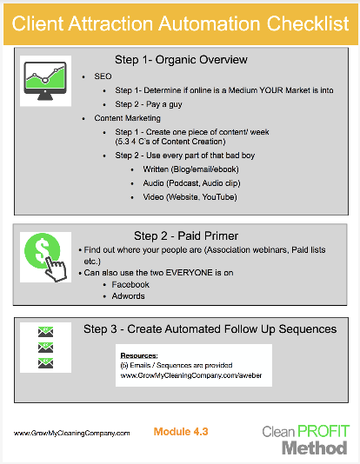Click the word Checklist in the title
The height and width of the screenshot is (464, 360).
(x=308, y=23)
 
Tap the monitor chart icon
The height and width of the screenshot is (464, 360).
(x=45, y=81)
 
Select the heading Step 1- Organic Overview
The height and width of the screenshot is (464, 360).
(x=181, y=60)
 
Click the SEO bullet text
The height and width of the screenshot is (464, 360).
(x=103, y=76)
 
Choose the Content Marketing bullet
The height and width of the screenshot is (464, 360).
(x=127, y=118)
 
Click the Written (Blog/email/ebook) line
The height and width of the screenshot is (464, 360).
(x=190, y=169)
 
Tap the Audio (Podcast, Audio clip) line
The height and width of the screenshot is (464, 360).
(x=191, y=183)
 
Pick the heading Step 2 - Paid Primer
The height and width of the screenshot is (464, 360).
(x=186, y=235)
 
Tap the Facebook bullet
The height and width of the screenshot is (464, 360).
(x=130, y=284)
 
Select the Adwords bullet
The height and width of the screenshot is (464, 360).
(x=128, y=296)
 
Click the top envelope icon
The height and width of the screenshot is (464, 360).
(x=45, y=332)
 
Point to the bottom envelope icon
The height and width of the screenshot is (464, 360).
(x=45, y=363)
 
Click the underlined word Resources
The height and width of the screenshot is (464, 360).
(x=139, y=355)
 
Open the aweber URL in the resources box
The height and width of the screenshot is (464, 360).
(x=191, y=375)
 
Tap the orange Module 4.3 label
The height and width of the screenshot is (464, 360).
(x=181, y=432)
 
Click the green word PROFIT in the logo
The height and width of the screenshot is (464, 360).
(x=323, y=432)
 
